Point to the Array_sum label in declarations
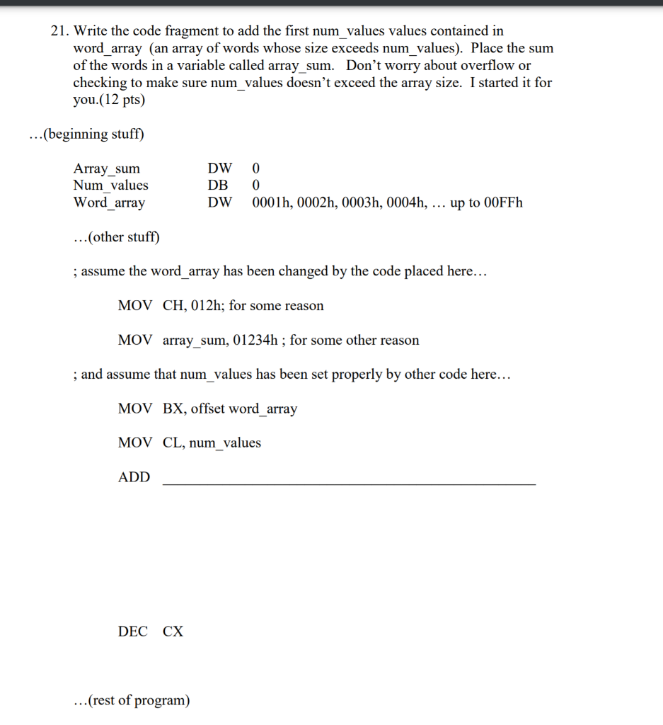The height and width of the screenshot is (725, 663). (107, 169)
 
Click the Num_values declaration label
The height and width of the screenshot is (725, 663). (111, 185)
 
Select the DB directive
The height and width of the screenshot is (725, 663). (218, 185)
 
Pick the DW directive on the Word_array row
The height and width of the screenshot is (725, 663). (219, 202)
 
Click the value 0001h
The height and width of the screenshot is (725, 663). (271, 202)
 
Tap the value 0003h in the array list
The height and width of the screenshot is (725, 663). (364, 202)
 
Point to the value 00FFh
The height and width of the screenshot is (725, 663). (501, 202)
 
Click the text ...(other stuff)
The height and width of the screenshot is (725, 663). (117, 236)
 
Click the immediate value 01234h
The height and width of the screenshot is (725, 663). (255, 340)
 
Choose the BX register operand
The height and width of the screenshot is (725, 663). (171, 409)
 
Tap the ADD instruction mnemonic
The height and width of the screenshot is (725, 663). (134, 477)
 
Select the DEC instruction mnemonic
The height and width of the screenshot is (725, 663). (132, 632)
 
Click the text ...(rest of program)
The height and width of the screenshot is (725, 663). (132, 700)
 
